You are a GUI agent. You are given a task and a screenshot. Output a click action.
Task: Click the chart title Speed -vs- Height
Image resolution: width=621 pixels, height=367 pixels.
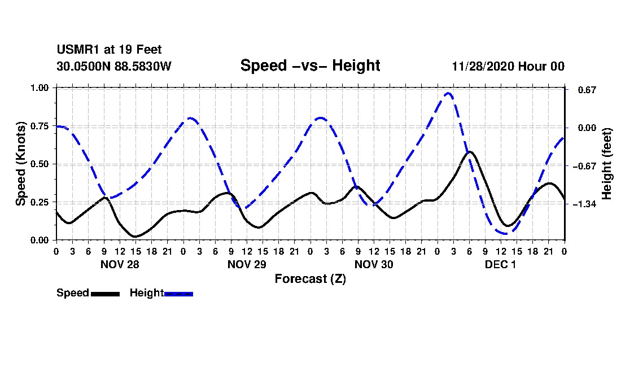tap(310, 65)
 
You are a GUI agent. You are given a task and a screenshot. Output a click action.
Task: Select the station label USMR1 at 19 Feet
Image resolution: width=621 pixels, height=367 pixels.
tap(109, 50)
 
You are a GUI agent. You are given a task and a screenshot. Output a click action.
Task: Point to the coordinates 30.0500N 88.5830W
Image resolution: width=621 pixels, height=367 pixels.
tap(113, 66)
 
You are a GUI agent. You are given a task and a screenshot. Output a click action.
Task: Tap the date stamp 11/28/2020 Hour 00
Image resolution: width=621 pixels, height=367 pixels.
tap(508, 66)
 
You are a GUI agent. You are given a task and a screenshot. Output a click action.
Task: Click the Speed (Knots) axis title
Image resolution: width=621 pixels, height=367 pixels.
tap(21, 164)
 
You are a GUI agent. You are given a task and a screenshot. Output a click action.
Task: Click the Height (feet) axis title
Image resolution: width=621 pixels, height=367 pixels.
tap(607, 164)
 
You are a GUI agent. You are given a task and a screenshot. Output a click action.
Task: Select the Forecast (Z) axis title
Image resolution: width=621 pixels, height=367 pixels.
tap(310, 278)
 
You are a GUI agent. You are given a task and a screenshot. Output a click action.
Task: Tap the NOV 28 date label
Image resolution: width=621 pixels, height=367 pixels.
tap(119, 264)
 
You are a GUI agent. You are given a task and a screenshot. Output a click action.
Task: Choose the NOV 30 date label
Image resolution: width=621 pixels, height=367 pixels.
tap(373, 264)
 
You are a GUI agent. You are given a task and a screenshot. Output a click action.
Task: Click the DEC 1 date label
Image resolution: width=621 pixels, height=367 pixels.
tap(500, 264)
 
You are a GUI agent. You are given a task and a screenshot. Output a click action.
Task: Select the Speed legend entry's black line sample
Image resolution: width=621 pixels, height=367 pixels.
tap(104, 294)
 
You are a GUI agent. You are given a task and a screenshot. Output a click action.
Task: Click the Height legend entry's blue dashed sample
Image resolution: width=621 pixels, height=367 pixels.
tap(178, 294)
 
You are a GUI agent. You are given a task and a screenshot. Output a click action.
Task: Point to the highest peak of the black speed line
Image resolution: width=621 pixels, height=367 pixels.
tap(470, 151)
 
